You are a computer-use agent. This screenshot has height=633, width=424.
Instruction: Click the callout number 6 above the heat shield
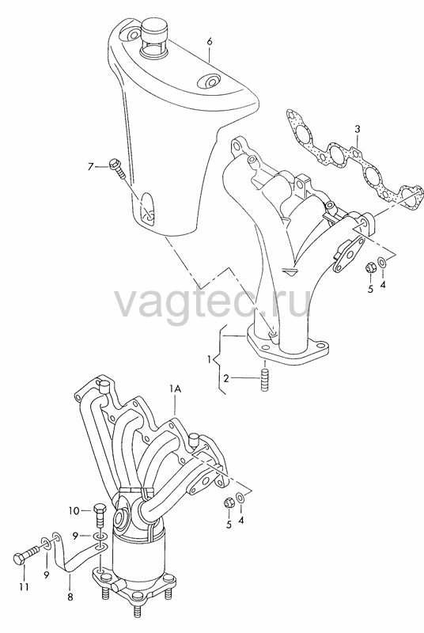pos(210,42)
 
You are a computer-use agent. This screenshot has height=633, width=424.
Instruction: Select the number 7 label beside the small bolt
pos(91,166)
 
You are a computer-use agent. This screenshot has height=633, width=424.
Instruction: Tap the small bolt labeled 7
pos(118,169)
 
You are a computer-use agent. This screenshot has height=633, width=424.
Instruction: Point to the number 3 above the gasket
pos(357,130)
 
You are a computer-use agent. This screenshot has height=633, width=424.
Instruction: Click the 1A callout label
pos(175,389)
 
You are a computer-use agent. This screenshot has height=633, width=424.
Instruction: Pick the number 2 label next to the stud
pos(226,378)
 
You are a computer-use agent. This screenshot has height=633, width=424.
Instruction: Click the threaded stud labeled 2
pos(264,381)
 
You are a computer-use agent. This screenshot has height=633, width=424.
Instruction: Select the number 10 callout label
pos(74,511)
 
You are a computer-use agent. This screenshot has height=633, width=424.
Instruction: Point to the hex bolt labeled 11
pos(26,555)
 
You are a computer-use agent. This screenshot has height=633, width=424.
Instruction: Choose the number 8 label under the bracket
pos(70,597)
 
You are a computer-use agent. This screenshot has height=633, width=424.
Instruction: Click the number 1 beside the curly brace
pos(210,359)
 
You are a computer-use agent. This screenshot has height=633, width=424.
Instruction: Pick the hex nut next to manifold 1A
pos(229,503)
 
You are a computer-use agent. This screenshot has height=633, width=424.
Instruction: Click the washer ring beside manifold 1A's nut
pos(240,498)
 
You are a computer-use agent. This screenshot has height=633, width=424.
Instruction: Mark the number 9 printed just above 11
pos(47,574)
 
